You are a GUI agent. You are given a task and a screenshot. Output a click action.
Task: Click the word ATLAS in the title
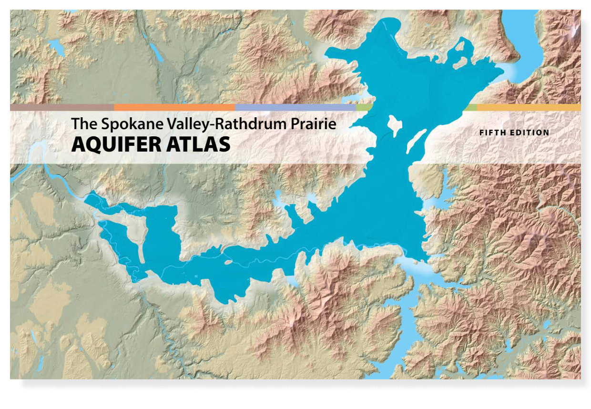200,144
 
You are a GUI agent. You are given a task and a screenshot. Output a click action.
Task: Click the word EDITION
530,133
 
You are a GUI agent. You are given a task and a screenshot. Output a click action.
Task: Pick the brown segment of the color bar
62,108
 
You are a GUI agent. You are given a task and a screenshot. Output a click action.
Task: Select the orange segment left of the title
174,108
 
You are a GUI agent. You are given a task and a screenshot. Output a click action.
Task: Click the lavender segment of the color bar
295,108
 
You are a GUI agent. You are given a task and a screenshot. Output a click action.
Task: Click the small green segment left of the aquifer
364,108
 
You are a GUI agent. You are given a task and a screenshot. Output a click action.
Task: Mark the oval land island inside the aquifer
395,125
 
